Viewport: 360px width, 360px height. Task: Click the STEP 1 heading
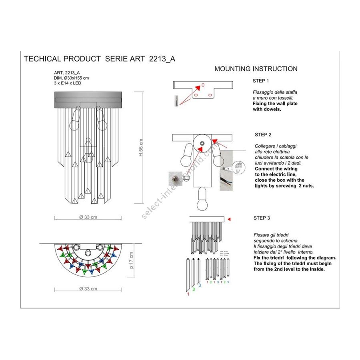[261, 81]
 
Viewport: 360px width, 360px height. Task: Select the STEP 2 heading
[263, 134]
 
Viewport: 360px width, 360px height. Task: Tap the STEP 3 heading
[262, 218]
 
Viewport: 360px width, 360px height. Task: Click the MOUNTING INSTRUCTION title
[256, 69]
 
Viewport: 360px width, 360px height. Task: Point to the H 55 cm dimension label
[140, 148]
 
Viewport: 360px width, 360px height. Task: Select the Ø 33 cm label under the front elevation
[88, 217]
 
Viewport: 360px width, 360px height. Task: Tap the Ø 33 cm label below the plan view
[88, 289]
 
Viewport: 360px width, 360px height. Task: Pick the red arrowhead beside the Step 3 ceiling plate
[229, 219]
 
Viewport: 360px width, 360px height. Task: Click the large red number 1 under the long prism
[188, 294]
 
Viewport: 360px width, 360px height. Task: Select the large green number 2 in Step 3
[194, 289]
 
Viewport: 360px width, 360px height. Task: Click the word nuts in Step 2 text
[307, 186]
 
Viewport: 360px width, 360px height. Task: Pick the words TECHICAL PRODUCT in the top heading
[62, 59]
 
